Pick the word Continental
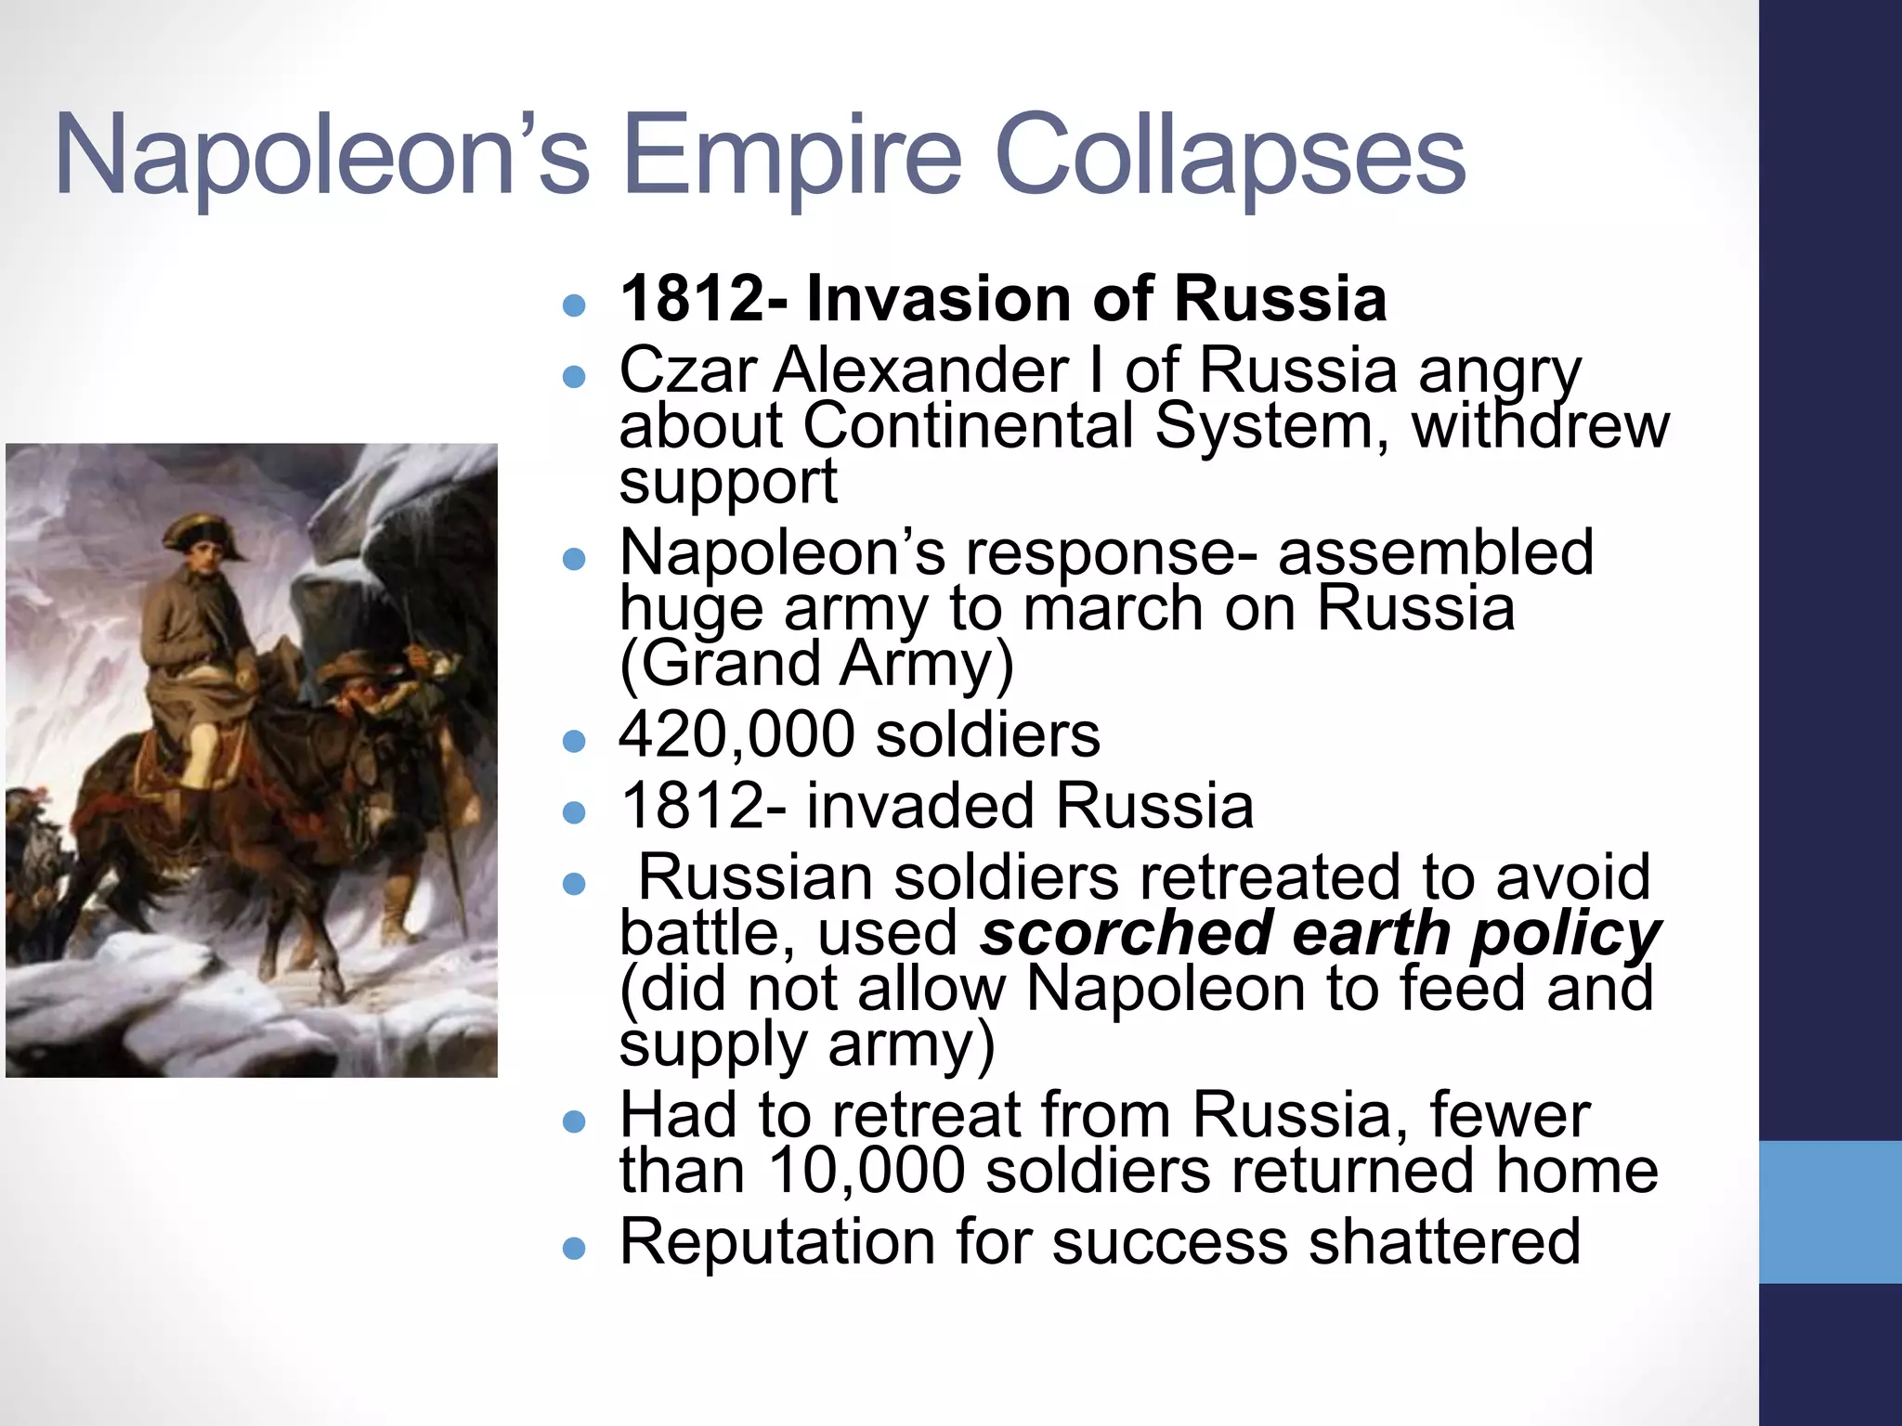coord(969,425)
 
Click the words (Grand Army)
coord(816,665)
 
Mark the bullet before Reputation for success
coord(575,1249)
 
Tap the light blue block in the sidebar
coord(1830,1212)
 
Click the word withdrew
coord(1540,425)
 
